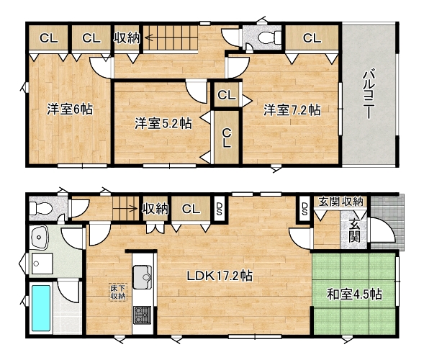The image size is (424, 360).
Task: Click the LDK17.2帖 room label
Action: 220,276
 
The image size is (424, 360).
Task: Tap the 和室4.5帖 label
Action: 354,294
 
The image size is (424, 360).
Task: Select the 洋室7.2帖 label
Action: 292,110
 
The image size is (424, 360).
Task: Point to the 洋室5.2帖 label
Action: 163,123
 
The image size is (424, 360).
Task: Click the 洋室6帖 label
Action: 70,109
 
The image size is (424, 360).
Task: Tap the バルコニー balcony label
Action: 369,94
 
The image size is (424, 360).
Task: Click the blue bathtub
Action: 41,308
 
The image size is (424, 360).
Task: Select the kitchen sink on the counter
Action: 143,276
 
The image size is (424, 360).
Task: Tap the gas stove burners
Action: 142,315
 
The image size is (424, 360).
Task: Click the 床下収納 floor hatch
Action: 117,292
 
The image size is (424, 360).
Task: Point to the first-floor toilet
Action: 40,209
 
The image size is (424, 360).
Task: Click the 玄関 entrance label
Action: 353,230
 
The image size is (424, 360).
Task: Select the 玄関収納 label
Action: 340,202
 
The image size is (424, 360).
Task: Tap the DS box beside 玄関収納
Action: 305,209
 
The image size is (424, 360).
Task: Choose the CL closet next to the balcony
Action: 312,38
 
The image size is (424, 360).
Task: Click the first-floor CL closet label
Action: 191,209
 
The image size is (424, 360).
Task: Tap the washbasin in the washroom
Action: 39,237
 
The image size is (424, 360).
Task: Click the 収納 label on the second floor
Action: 127,38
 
